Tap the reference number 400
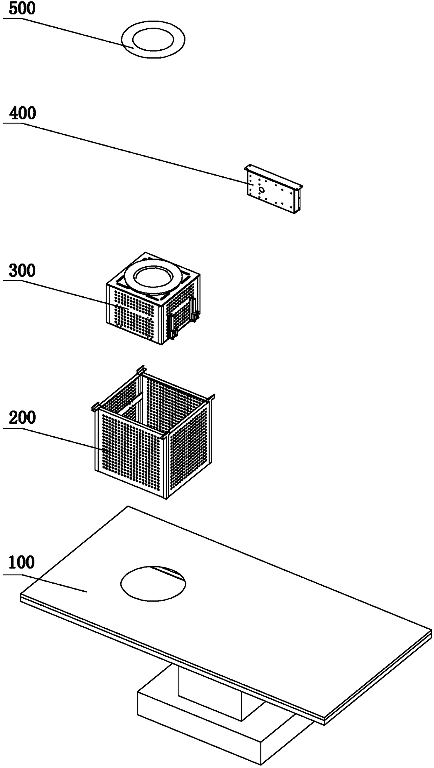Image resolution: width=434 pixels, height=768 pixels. (23, 114)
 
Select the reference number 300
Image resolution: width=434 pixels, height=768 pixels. (22, 271)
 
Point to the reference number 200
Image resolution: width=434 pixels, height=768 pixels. (22, 418)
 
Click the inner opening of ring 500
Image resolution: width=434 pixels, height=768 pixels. (153, 38)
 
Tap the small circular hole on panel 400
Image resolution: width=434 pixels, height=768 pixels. (261, 189)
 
